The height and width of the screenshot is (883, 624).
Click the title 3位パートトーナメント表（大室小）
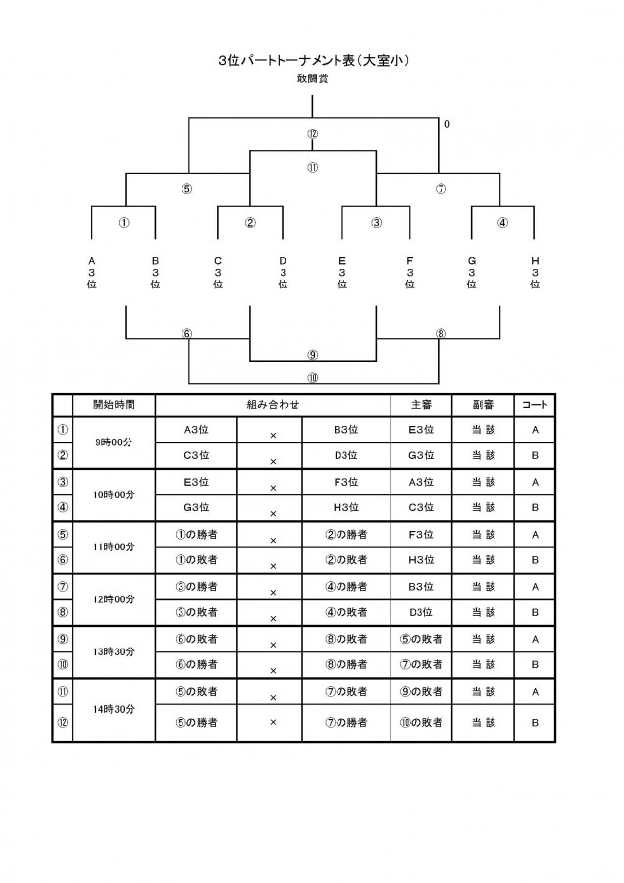point(313,60)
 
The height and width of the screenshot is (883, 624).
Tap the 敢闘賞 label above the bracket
point(313,78)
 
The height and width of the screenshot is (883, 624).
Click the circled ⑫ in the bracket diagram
point(313,134)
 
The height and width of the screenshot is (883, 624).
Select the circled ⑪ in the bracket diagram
point(313,167)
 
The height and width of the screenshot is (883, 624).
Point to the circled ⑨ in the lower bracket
point(313,355)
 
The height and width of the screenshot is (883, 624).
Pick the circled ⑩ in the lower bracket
point(313,378)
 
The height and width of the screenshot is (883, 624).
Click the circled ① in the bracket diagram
point(124,222)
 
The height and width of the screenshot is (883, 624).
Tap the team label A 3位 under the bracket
point(92,273)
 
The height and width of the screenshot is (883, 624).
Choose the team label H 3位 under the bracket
point(535,273)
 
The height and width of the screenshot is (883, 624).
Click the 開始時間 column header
point(115,405)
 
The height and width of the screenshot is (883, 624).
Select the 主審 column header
point(421,405)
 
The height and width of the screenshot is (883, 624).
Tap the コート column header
point(535,405)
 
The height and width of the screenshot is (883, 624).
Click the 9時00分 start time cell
point(115,442)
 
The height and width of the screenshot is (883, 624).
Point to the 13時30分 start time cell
point(115,651)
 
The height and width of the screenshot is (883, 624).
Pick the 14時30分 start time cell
point(115,709)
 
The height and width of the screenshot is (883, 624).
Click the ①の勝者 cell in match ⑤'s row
point(196,534)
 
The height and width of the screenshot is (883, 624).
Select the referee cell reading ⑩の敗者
point(421,722)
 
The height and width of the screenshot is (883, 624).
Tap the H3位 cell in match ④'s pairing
point(345,507)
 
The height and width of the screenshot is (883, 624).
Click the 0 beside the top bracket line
point(447,124)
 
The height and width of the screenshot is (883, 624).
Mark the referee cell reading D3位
point(421,612)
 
